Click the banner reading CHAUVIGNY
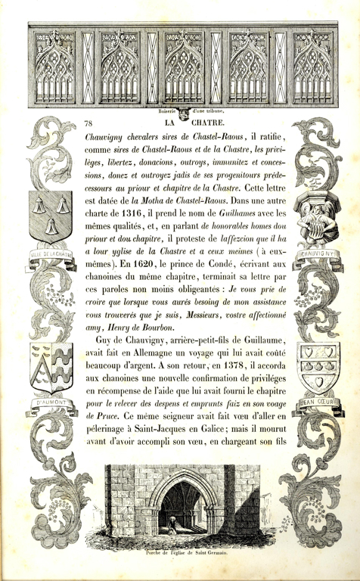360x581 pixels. pyautogui.click(x=312, y=254)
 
